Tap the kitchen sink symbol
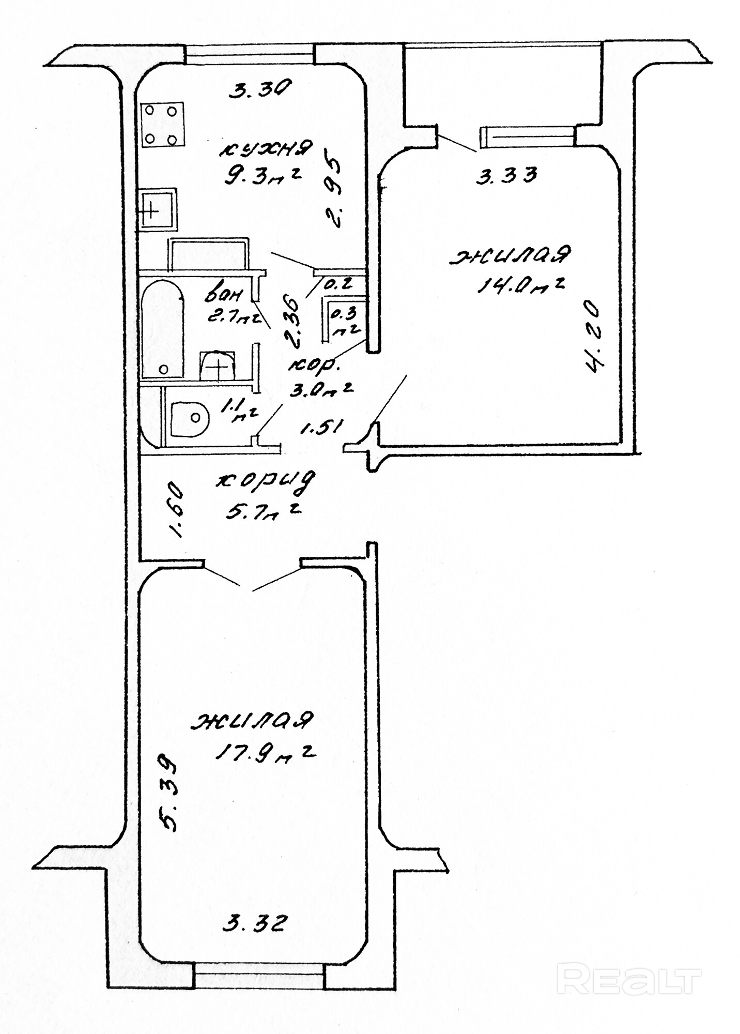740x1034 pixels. click(158, 209)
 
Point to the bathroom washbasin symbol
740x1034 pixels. click(218, 366)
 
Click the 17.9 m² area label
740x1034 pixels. click(264, 753)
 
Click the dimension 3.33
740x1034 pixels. click(506, 175)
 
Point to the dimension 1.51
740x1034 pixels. click(321, 428)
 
